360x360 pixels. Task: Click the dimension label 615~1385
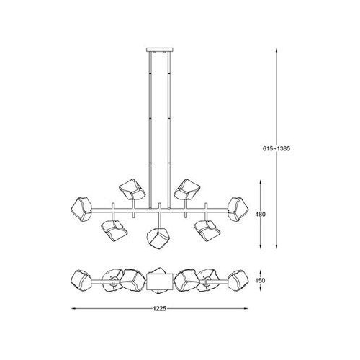pyautogui.click(x=276, y=148)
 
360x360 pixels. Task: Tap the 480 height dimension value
pyautogui.click(x=261, y=215)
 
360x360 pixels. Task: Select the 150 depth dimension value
pyautogui.click(x=261, y=280)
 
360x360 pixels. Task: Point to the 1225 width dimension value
pyautogui.click(x=160, y=309)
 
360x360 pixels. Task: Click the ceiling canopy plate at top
pyautogui.click(x=159, y=50)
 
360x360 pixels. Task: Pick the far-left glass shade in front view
pyautogui.click(x=82, y=209)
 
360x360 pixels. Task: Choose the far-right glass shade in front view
pyautogui.click(x=238, y=209)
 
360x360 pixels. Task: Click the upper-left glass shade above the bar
pyautogui.click(x=132, y=189)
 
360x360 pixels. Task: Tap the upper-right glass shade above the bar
pyautogui.click(x=186, y=189)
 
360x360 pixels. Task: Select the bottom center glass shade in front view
pyautogui.click(x=159, y=237)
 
